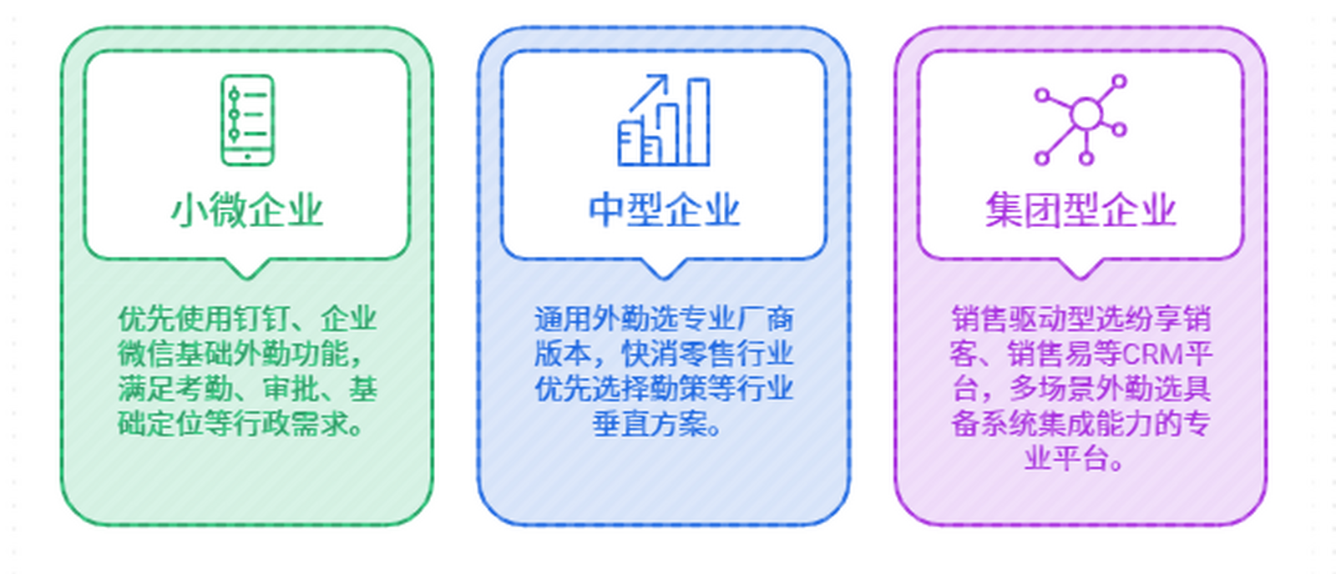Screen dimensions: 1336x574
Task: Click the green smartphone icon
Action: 247,120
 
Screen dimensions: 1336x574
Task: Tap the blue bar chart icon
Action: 664,120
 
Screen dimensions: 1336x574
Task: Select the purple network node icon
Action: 1080,120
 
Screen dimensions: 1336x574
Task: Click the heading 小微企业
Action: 247,209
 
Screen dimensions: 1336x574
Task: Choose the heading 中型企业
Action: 664,209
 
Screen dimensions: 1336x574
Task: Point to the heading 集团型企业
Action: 1080,209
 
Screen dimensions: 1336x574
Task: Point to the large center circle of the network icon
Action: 1086,114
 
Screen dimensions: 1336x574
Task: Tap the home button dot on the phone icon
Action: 247,157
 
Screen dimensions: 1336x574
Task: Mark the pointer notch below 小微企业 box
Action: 247,269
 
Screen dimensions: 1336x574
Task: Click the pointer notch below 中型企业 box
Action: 663,269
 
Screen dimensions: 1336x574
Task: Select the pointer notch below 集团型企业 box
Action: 1080,269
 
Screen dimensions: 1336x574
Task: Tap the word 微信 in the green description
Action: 147,354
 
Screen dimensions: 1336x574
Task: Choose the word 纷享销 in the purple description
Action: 1167,319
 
